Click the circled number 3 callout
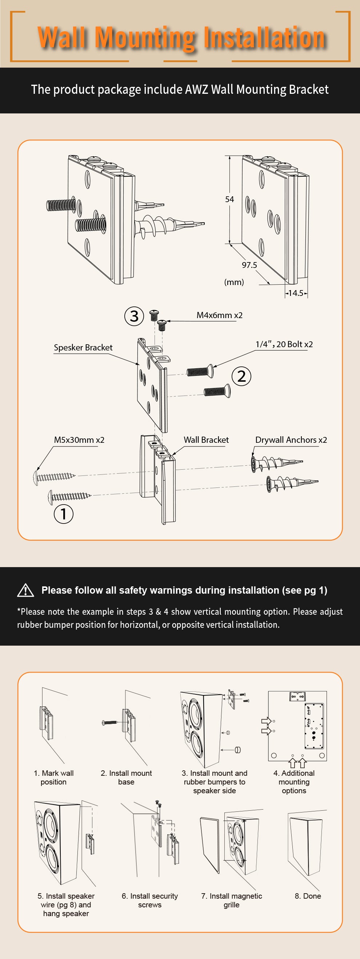coord(134,316)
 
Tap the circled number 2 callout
coord(241,376)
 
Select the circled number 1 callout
coord(64,514)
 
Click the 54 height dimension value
coord(229,199)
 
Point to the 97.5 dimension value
coord(249,265)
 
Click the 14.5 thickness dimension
coord(296,293)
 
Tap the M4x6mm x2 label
coord(220,315)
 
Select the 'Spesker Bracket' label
coord(83,347)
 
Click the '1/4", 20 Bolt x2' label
coord(284,344)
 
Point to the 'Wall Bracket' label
coord(206,440)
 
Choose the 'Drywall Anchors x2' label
coord(291,440)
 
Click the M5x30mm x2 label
coord(79,440)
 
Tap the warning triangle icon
coord(26,590)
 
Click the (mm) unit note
coord(234,282)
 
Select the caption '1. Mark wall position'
coord(53,777)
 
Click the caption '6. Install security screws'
coord(150,900)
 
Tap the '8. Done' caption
coord(308,896)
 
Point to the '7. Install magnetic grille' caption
coord(232,900)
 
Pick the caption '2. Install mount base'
coord(126,777)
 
